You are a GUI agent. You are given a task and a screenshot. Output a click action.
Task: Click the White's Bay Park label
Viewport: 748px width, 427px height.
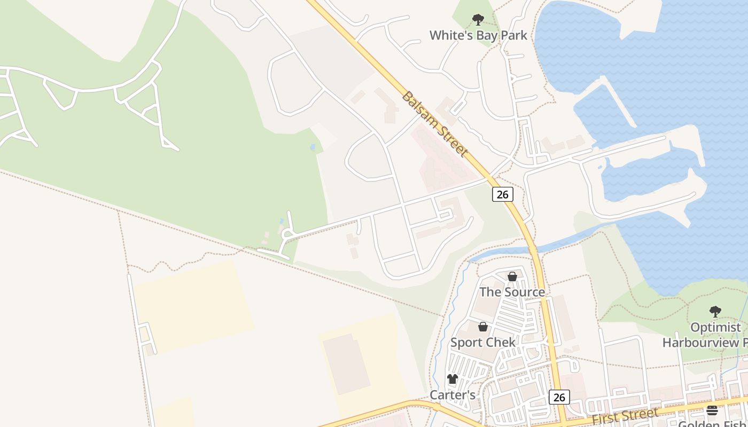point(478,35)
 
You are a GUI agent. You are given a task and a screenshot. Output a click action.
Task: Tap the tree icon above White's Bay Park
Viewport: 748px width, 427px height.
point(478,20)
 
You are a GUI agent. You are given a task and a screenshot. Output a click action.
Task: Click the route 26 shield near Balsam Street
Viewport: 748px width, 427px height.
point(502,194)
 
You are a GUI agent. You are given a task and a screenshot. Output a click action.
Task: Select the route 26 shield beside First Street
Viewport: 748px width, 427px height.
point(559,397)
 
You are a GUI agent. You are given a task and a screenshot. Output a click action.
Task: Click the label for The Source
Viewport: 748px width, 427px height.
point(512,292)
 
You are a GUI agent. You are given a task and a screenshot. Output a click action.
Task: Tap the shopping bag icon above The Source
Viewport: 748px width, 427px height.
point(512,276)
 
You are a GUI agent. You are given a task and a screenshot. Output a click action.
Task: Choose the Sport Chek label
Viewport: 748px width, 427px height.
point(483,342)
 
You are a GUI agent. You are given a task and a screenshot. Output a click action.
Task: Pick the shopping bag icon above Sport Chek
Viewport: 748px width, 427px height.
point(483,327)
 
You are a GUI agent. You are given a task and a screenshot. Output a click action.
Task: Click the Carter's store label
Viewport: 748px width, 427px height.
point(453,395)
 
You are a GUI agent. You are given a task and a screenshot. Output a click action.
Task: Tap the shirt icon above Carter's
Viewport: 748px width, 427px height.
point(453,379)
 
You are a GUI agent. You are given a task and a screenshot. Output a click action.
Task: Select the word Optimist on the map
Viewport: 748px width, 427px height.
point(715,327)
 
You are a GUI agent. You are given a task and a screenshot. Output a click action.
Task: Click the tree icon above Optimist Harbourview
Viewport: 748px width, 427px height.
point(715,312)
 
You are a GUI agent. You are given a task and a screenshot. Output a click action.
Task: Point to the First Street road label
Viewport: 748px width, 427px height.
point(625,415)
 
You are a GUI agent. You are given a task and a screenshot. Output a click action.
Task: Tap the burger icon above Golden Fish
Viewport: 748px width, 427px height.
point(712,410)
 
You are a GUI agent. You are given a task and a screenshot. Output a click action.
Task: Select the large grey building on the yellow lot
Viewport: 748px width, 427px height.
point(347,363)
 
